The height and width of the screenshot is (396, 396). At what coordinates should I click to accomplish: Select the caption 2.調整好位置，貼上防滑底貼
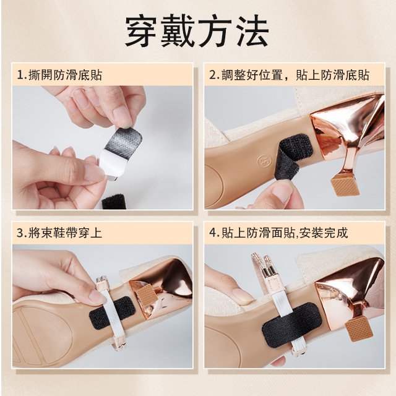[289, 75]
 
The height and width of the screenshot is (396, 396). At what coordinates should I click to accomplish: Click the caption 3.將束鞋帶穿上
[59, 233]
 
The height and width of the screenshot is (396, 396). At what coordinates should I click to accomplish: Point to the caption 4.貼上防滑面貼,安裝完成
[278, 233]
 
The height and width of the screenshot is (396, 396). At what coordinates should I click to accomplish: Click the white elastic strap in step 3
[113, 309]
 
